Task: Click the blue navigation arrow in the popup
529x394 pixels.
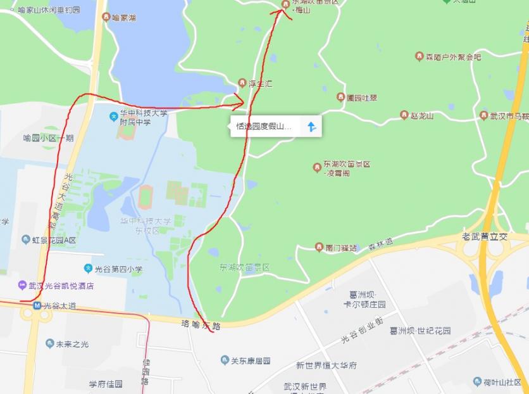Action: [x=311, y=127]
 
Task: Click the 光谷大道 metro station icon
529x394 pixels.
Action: [x=37, y=306]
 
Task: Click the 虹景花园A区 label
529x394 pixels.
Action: [x=51, y=240]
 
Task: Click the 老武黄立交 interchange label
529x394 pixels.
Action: [x=485, y=236]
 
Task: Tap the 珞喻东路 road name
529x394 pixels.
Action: [x=200, y=326]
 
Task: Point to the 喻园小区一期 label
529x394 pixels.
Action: [x=48, y=138]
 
